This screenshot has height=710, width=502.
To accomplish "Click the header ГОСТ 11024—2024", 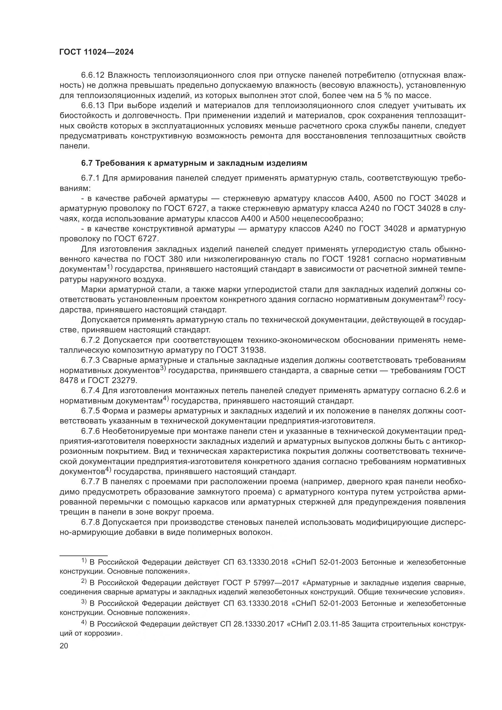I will click(97, 52).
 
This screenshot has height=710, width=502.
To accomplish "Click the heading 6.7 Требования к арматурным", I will click(194, 163).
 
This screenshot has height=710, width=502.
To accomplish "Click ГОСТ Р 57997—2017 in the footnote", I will click(261, 583).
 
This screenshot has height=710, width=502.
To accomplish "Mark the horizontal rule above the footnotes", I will click(83, 556).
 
